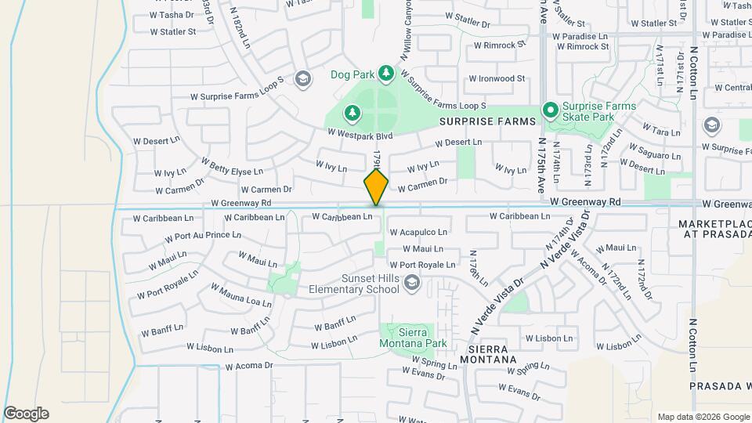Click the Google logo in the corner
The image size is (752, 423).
coord(25,414)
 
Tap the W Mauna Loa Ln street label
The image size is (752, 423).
coord(240,295)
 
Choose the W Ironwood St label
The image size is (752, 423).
coord(497,78)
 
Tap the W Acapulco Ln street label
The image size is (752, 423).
coord(418,233)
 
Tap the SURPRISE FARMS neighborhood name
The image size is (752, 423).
coord(486,122)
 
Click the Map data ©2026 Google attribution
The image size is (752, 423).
coord(703,417)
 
